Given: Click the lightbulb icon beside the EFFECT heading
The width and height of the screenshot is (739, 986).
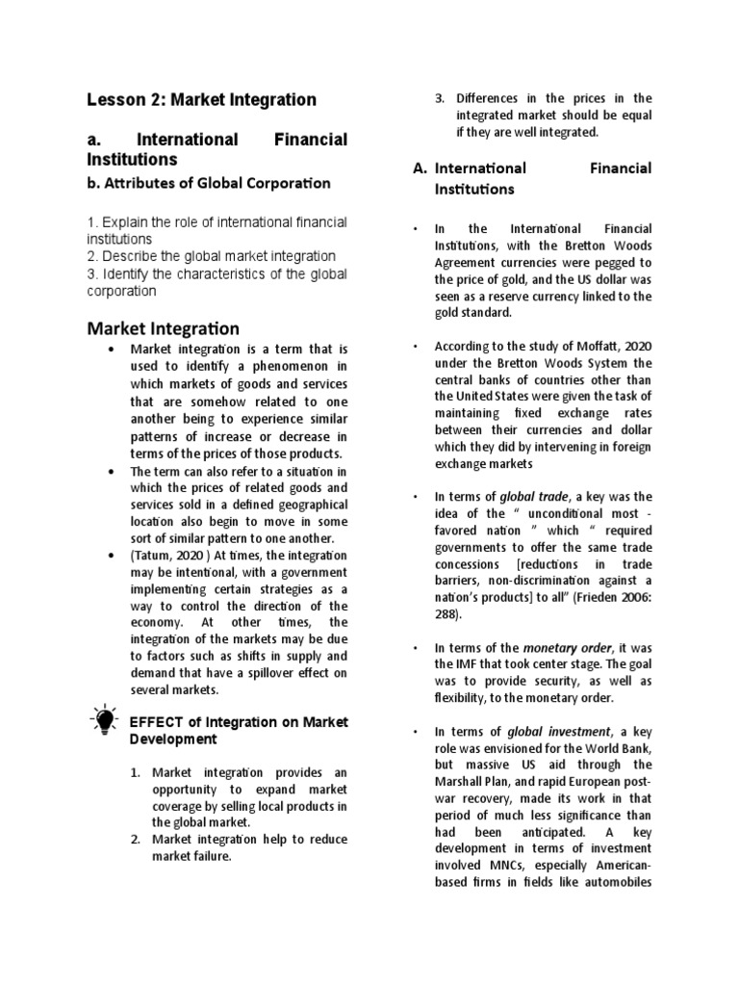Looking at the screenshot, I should [x=102, y=721].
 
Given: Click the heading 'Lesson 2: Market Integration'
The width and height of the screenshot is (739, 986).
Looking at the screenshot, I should [x=201, y=99].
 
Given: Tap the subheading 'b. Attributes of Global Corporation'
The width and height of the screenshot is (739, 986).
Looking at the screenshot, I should [x=209, y=183].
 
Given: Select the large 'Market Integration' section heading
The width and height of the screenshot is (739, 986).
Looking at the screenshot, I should [x=164, y=329].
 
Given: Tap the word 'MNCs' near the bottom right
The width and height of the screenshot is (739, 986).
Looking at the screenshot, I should [x=515, y=865].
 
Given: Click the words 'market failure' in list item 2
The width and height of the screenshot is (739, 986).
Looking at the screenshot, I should [x=192, y=857].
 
